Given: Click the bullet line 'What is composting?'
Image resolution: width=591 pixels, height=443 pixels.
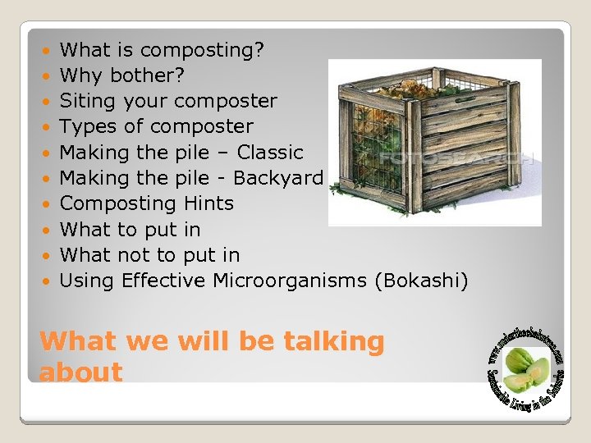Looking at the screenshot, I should [x=162, y=50].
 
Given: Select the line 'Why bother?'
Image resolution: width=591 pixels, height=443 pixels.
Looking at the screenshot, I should [x=122, y=75].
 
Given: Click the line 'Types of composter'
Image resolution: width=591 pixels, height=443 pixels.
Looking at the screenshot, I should [x=157, y=126].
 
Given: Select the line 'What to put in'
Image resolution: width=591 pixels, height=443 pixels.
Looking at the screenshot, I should [x=130, y=229].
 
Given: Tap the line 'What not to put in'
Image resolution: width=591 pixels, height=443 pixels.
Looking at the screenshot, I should [x=149, y=254].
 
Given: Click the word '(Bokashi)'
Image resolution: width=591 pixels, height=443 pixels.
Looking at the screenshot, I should [x=421, y=281].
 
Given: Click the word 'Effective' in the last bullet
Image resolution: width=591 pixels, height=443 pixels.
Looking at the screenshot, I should [x=163, y=281].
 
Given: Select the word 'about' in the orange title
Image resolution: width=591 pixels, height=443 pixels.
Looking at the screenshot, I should [x=80, y=372].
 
